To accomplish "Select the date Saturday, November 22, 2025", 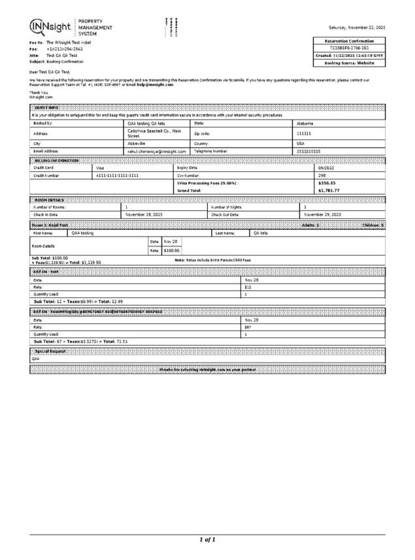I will coord(356,27).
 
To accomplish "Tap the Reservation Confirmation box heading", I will coord(350,41).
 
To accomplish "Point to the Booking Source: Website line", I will coord(350,63).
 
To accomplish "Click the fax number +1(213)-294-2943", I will coord(64,49).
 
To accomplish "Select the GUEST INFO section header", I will coord(46,107).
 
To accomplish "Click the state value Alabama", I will coord(305,123).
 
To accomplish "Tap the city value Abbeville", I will coord(137,142).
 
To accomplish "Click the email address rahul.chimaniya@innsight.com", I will coord(157,151).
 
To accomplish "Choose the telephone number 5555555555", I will coord(308,151).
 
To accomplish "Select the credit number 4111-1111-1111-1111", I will coord(117,175).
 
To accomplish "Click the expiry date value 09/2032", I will coord(327,167).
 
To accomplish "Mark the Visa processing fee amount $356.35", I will coord(327,183).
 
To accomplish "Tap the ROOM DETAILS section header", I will coord(48,199).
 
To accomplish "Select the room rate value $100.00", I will coord(171,250).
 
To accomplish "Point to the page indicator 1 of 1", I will coord(207,539).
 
